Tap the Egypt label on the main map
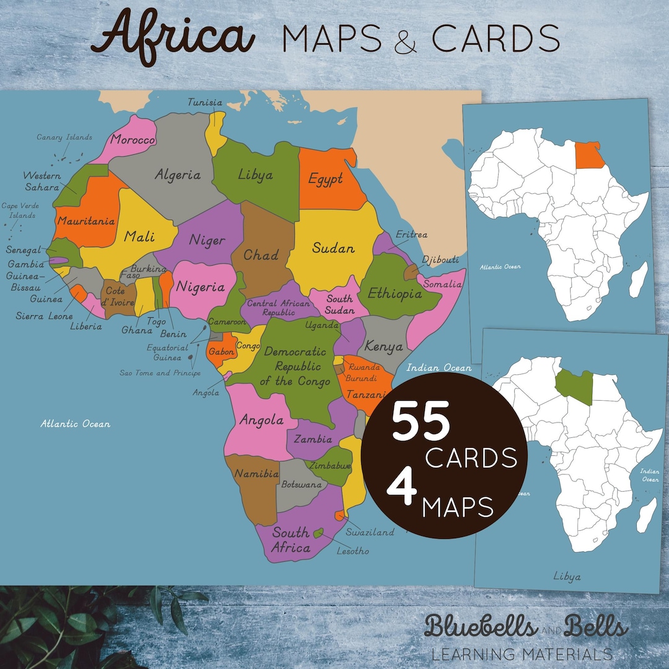[x=326, y=180]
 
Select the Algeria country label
[x=177, y=175]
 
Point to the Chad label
[x=260, y=255]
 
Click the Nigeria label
[x=200, y=287]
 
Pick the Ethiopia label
[x=395, y=294]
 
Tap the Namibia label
[x=256, y=474]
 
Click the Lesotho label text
[x=352, y=551]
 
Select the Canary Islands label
[x=64, y=138]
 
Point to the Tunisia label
[x=205, y=102]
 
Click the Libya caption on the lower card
[x=567, y=577]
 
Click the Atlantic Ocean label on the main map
[x=76, y=424]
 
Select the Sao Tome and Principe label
[x=160, y=373]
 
